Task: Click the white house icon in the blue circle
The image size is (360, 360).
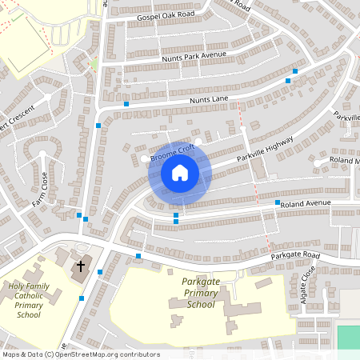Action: tap(179, 173)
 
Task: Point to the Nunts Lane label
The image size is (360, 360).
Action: tap(210, 98)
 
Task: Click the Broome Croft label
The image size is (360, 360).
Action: tap(173, 149)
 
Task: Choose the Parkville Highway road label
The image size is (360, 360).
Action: tap(266, 150)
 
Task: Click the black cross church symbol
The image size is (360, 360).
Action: tap(80, 266)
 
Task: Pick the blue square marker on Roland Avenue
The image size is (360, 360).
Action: tap(278, 203)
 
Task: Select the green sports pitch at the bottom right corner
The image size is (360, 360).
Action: tap(349, 337)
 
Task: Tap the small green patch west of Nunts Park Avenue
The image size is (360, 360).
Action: tap(94, 64)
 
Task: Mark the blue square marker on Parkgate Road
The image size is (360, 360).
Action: tap(138, 256)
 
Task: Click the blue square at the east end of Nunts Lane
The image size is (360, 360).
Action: tap(295, 71)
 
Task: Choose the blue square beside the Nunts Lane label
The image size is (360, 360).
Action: tap(126, 104)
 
